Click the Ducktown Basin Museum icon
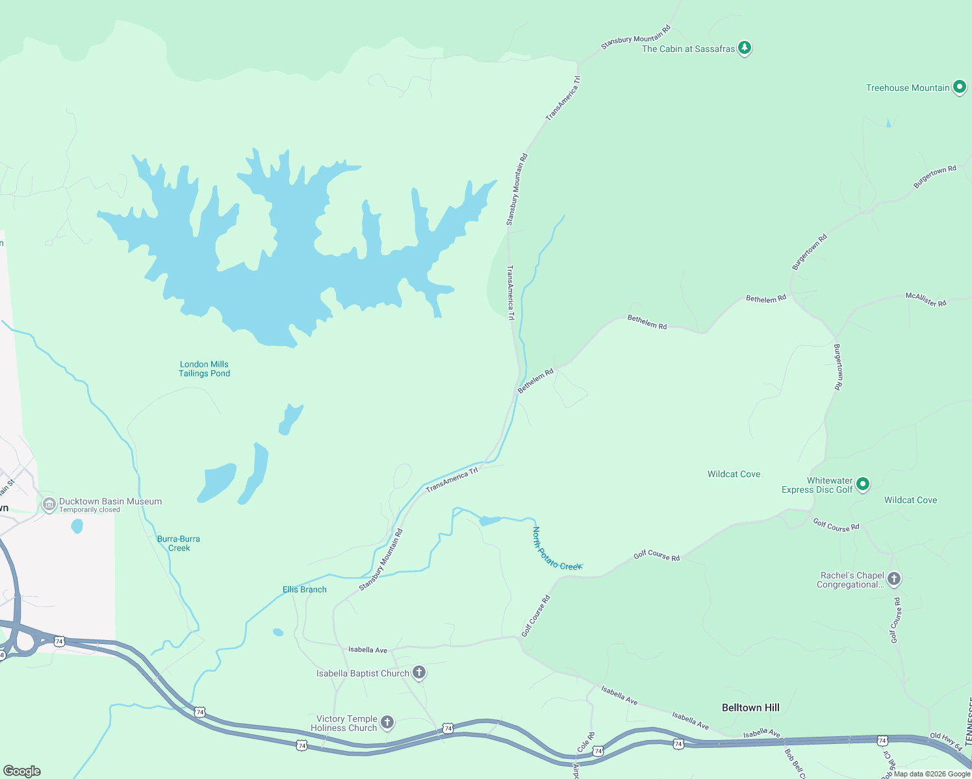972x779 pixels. point(49,504)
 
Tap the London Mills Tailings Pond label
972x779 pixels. point(204,369)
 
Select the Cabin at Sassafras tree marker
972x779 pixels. point(745,48)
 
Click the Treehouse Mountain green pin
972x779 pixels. point(959,87)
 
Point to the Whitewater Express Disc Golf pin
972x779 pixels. point(863,484)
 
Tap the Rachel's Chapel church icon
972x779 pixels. point(894,578)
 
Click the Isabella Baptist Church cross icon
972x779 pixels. point(419,673)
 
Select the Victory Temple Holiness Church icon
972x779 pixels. point(387,722)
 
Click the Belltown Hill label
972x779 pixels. point(750,708)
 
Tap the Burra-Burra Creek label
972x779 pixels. point(179,543)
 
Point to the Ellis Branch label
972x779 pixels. point(304,589)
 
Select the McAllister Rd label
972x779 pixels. point(926,299)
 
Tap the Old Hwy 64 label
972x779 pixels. point(945,742)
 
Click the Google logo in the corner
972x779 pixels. point(22,771)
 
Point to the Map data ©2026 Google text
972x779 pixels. point(932,774)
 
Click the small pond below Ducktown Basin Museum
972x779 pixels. point(77,526)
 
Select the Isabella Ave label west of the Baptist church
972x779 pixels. point(367,649)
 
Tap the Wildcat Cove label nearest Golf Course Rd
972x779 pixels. point(910,500)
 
